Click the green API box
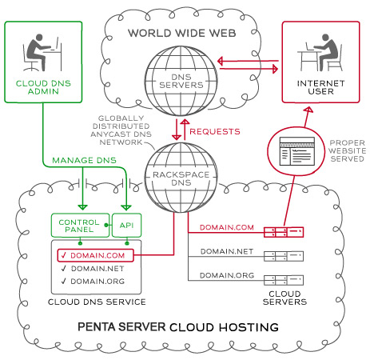pos(126,226)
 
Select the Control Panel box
pos(80,226)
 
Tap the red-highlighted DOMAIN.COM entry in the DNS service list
pos(95,255)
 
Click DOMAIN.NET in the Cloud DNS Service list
pos(97,269)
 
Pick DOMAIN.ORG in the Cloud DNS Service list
pos(97,282)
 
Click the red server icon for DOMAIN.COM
pos(284,232)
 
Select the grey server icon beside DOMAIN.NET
pos(284,256)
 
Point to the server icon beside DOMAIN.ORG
pos(284,280)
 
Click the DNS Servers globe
pos(181,81)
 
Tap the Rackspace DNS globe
pos(181,178)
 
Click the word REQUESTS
pos(215,131)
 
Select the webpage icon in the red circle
pos(296,151)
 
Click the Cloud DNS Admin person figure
pos(42,53)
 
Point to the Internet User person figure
pos(320,53)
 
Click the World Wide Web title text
pos(182,34)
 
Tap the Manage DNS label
pos(84,160)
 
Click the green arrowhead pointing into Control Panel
pos(82,207)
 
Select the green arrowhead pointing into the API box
pos(126,207)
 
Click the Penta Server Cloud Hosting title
pos(178,327)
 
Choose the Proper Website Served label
pos(347,150)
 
